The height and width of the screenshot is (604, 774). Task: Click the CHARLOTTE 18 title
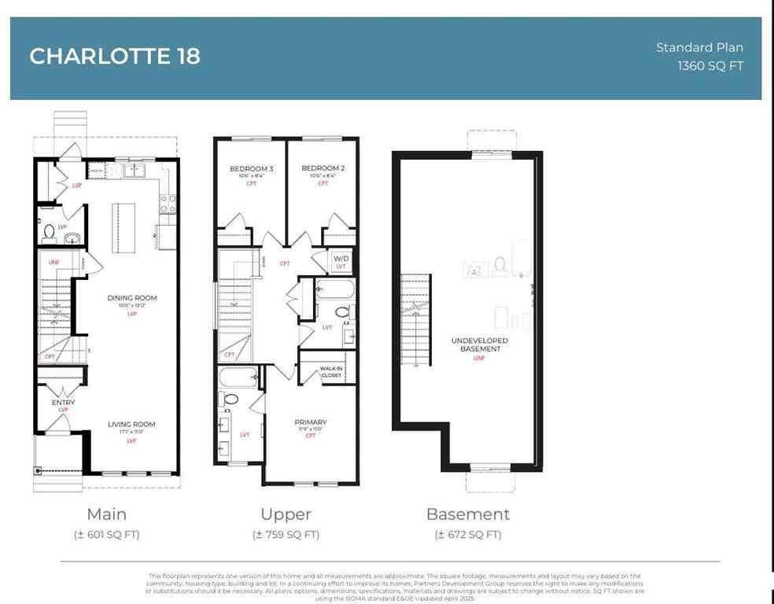115,57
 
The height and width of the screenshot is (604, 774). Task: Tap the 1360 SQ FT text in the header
710,66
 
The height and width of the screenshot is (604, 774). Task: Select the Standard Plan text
699,47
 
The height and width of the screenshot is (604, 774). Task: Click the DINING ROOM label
132,298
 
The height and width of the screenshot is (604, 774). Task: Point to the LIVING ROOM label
131,425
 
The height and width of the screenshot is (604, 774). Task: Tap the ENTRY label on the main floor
63,403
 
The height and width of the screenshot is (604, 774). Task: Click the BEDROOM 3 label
252,168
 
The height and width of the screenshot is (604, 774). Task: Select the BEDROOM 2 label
323,168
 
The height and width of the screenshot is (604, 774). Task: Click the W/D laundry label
341,259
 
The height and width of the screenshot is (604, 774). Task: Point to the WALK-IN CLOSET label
330,372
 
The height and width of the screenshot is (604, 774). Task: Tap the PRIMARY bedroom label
311,422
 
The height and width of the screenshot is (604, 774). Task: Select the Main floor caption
106,514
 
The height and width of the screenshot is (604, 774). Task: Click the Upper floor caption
286,514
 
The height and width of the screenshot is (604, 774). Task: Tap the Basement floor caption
468,514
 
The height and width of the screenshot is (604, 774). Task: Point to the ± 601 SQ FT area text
106,535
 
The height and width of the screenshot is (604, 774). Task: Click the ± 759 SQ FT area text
286,535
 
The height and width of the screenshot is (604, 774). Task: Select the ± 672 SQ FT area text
468,535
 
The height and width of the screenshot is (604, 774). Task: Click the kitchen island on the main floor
123,226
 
